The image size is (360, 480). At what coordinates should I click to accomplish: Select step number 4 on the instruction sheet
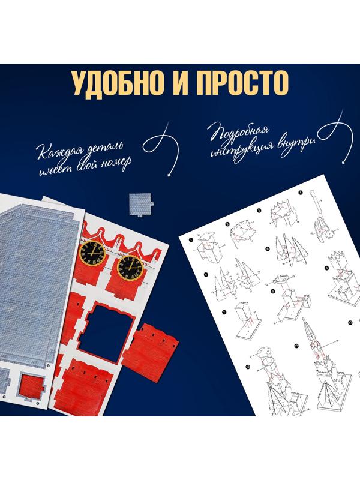tap(300, 193)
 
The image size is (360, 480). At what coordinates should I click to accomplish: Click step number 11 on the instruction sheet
tap(296, 345)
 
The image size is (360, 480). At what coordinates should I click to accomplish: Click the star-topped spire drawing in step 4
tap(317, 213)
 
